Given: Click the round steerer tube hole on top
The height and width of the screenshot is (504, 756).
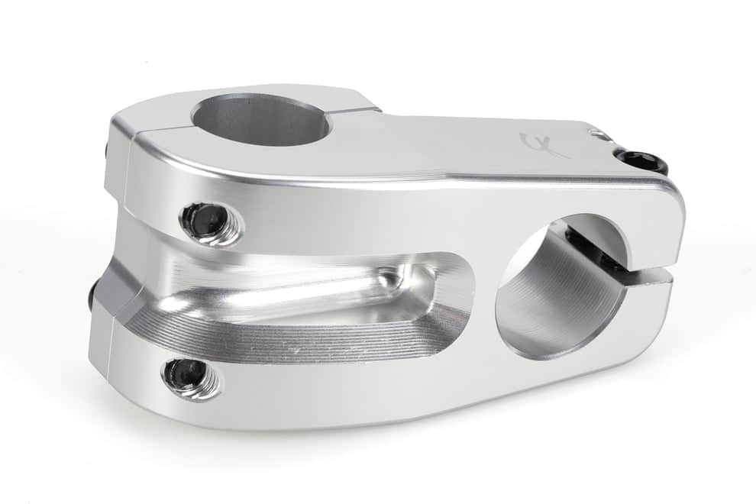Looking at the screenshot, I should (x=260, y=120).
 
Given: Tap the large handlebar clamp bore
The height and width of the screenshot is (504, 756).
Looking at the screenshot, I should (x=561, y=286).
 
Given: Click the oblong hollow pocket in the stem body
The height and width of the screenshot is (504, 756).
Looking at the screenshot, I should (x=328, y=294).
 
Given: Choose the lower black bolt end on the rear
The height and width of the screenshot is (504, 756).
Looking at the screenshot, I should (x=92, y=295).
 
